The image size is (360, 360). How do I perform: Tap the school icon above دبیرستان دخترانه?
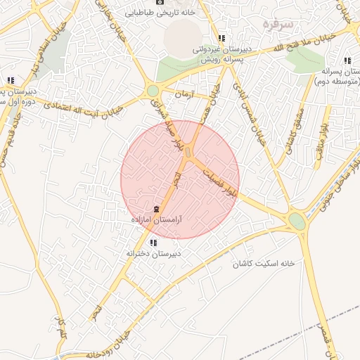(x=153, y=243)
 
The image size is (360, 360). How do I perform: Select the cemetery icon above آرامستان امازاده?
(x=156, y=210)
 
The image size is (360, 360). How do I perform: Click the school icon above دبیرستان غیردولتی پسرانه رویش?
(x=221, y=39)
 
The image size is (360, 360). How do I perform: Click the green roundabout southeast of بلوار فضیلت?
(x=297, y=221)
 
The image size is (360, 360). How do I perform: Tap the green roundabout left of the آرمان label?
(x=153, y=90)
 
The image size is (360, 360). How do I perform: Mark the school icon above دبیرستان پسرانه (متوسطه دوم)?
(x=348, y=60)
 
